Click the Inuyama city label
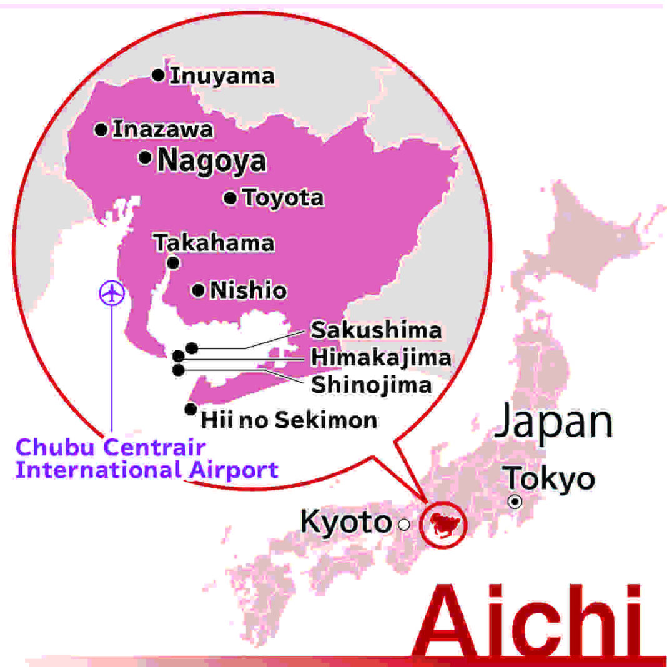pos(222,76)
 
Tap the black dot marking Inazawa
pos(101,130)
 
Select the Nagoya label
pos(212,161)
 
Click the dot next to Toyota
pos(230,199)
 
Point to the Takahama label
pos(214,243)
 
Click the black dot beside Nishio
pos(199,290)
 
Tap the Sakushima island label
pos(376,330)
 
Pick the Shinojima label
pos(372,385)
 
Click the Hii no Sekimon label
pos(289,420)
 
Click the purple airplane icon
pos(112,293)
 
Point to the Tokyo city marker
pos(515,501)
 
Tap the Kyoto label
pos(345,522)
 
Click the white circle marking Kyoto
pos(405,525)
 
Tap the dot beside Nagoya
pos(146,158)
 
